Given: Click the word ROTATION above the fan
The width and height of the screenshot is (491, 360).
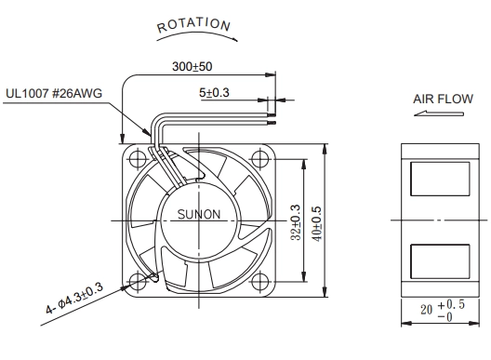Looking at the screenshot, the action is coord(193,25).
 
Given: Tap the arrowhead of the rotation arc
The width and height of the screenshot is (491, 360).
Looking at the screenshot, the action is coord(234,39).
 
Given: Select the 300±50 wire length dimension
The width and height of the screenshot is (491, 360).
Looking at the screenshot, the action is coord(192,66).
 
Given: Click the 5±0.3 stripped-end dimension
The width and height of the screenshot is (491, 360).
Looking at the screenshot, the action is coord(214,92).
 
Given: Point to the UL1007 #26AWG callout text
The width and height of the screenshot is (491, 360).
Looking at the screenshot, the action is coord(54,93).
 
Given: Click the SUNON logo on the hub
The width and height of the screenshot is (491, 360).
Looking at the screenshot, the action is coord(199,214).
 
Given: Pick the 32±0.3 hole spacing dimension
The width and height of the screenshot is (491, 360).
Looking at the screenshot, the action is coord(296,222).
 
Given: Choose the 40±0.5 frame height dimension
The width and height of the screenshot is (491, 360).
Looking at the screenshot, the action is coord(317,223).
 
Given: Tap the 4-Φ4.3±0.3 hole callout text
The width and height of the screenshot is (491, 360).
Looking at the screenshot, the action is coord(74,298).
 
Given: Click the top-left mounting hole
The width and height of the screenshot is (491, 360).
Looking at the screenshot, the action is coord(138,159).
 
